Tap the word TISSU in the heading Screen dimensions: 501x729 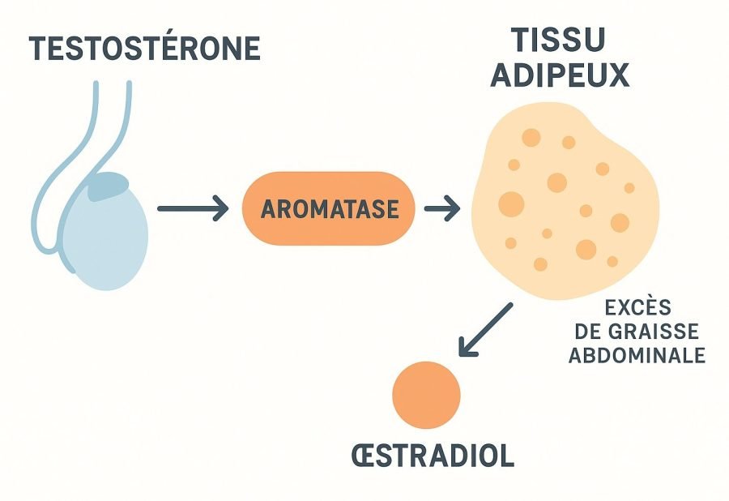coord(558,41)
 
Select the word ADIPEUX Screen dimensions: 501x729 coord(560,75)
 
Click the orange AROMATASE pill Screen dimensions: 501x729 coord(329,209)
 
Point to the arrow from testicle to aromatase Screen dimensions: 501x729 coord(193,209)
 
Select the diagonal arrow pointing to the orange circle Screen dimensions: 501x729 coord(485,330)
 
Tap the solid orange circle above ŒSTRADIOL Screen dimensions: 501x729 coord(426,396)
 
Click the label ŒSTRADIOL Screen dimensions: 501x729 coord(433,456)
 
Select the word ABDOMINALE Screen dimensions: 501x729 coord(637,356)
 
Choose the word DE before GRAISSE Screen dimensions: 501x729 coord(586,332)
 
